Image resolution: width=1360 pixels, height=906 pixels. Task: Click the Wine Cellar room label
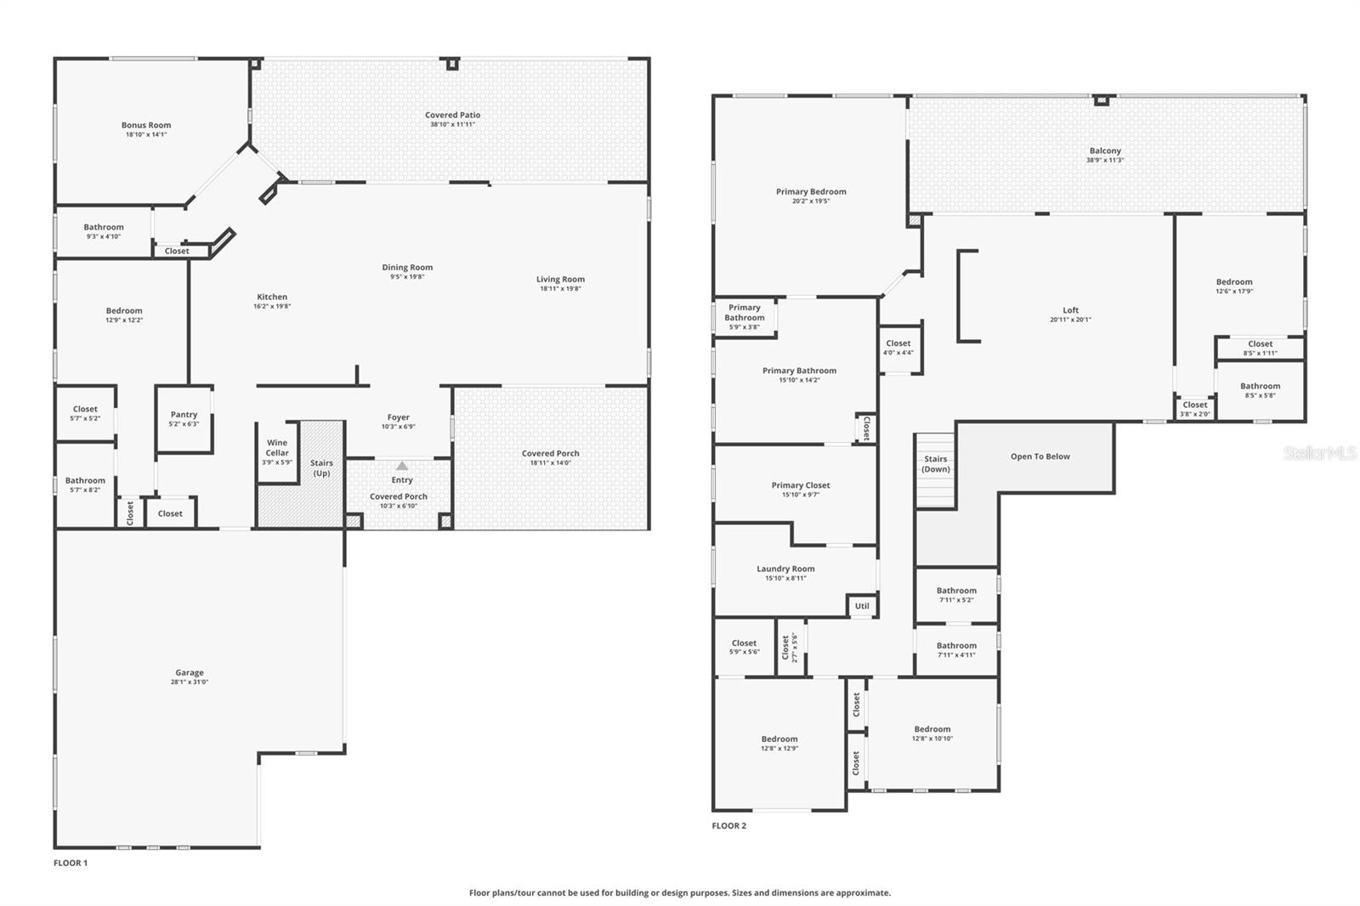(277, 448)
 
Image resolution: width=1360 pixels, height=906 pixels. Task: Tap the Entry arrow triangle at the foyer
(402, 466)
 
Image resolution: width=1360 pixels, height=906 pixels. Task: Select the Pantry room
(184, 419)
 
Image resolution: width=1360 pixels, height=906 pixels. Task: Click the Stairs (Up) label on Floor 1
(321, 468)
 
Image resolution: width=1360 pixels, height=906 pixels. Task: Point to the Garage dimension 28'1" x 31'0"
(190, 682)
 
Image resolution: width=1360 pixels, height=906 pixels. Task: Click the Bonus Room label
(146, 125)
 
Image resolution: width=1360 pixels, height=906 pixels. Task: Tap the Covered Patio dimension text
(452, 124)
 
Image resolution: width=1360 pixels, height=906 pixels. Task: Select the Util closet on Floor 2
(862, 606)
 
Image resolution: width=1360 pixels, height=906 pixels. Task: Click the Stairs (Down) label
(935, 464)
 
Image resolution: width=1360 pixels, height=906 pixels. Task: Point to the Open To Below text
(1040, 456)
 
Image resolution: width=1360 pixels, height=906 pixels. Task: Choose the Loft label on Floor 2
(1070, 310)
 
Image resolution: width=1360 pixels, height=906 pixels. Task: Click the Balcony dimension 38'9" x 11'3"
(1104, 160)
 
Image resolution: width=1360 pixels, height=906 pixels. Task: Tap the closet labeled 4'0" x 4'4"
(898, 348)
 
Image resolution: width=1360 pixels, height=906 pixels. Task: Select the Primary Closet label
(801, 485)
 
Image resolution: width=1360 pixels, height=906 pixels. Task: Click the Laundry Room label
(785, 569)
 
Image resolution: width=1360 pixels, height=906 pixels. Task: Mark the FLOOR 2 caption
(729, 825)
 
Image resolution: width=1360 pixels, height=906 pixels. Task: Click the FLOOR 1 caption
(71, 863)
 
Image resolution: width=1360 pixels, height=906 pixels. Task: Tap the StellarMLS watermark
(1319, 453)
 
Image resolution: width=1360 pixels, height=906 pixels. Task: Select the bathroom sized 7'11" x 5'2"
(956, 595)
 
